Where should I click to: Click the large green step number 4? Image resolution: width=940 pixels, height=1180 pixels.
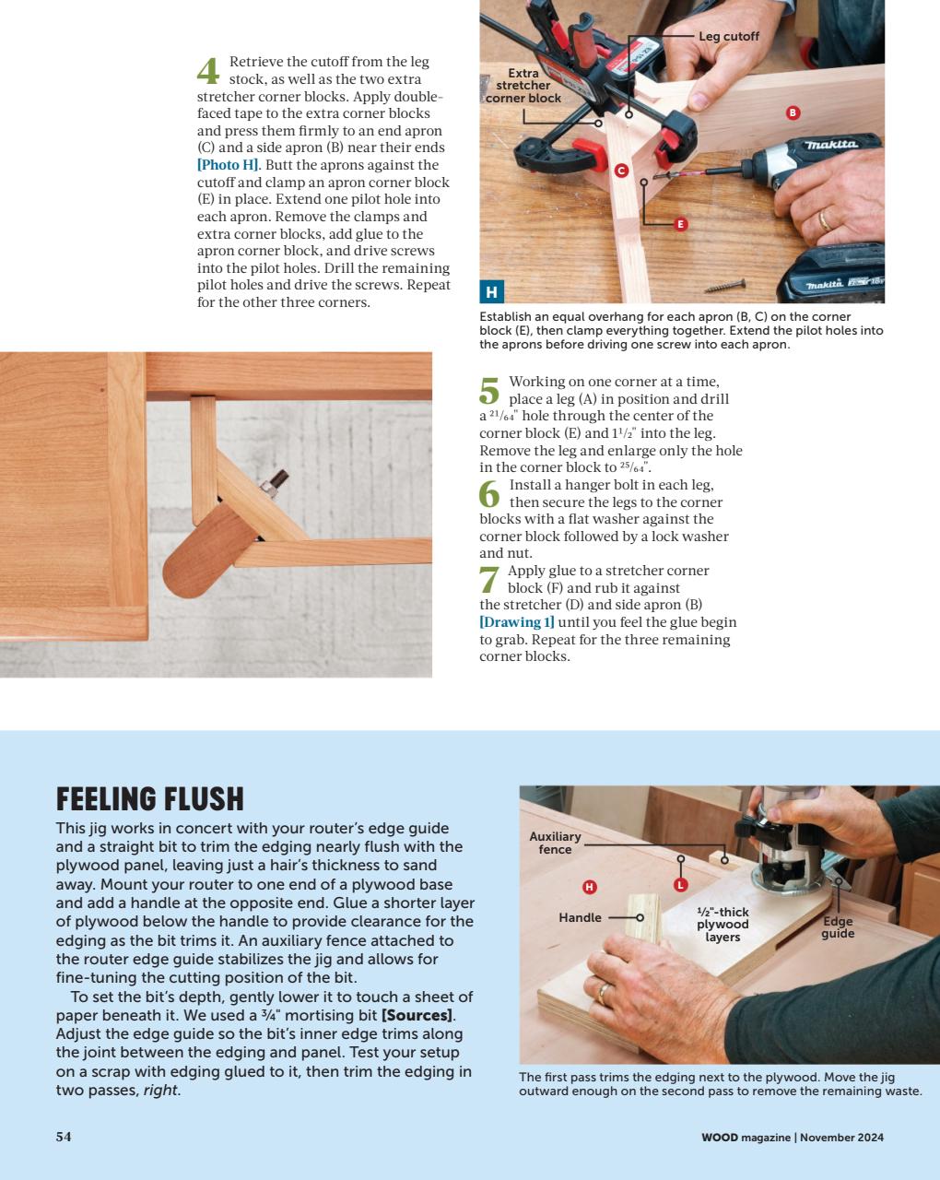pos(209,70)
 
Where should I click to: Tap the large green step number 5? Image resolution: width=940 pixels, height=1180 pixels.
pos(489,390)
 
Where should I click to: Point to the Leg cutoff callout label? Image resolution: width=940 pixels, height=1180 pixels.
pos(728,36)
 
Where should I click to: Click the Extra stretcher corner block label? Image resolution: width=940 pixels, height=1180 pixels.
pos(523,86)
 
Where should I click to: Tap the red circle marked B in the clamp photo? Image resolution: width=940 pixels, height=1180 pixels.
pos(793,112)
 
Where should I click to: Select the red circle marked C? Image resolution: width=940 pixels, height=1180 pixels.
pos(621,171)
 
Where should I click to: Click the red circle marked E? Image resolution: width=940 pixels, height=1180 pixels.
pos(681,224)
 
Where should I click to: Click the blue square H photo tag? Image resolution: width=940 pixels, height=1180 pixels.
pos(491,292)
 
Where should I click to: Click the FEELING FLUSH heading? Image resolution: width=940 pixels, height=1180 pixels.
pos(150,798)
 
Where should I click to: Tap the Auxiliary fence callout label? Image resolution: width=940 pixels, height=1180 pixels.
pos(555,843)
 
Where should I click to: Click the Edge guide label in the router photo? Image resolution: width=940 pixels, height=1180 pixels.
pos(838,927)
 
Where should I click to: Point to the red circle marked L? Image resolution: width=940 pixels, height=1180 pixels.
pos(681,885)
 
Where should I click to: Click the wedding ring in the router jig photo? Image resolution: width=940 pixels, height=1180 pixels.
pos(603,992)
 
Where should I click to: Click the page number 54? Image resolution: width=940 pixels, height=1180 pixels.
pos(64,1137)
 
